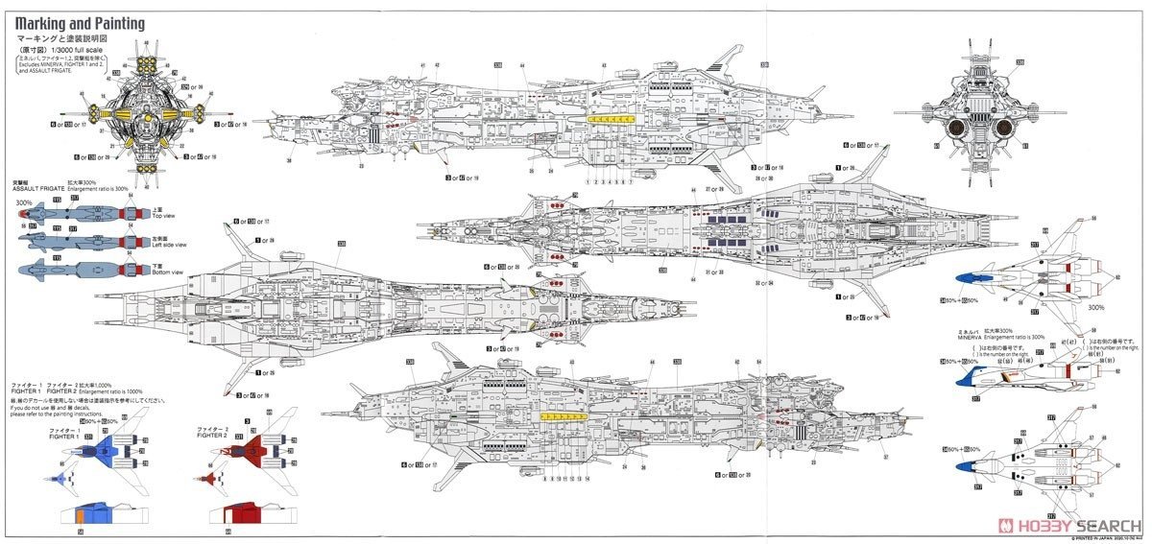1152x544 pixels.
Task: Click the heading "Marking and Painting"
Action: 80,23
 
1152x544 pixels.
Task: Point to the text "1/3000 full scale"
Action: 84,49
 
